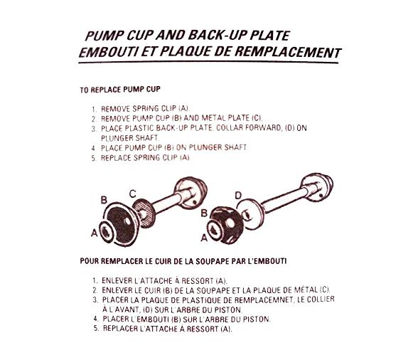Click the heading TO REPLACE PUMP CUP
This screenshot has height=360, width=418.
[124, 91]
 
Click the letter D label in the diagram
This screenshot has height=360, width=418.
[237, 194]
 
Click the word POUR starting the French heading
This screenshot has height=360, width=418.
[91, 260]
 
